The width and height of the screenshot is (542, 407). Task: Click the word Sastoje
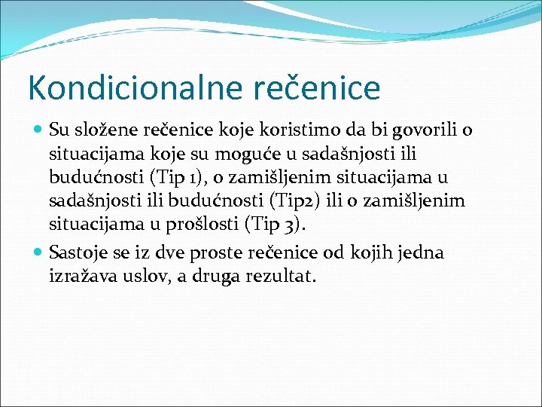coord(78,252)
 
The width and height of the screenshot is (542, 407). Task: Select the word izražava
coord(83,277)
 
